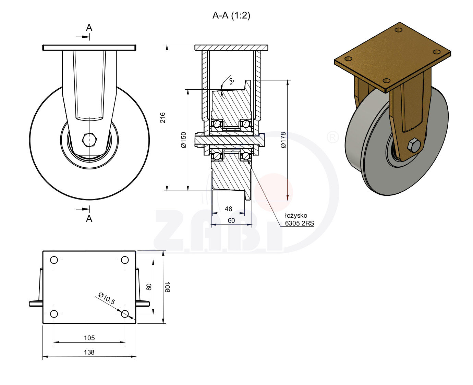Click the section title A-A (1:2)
(231, 15)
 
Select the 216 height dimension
(163, 117)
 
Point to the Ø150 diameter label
(184, 140)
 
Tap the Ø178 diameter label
(283, 140)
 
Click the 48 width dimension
(228, 209)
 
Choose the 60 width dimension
(231, 221)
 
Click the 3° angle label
(232, 81)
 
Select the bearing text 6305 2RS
(299, 223)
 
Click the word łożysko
(296, 216)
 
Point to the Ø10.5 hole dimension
(106, 298)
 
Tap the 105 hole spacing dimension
(89, 338)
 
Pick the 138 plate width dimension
(89, 352)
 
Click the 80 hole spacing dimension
(149, 287)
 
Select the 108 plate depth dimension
(167, 287)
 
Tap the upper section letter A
(89, 28)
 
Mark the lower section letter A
(89, 218)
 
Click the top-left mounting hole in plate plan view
(54, 260)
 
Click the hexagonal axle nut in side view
(90, 140)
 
